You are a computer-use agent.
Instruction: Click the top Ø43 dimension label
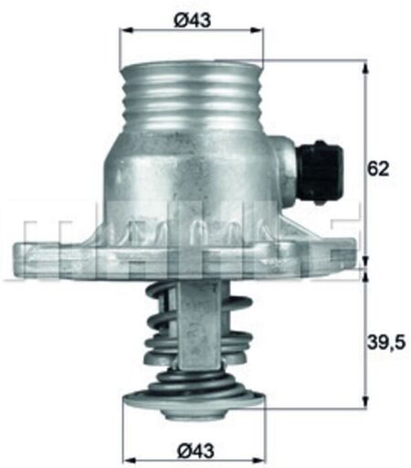(x=192, y=20)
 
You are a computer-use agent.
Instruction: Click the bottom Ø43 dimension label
(x=195, y=451)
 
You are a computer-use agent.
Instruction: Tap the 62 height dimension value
(x=378, y=168)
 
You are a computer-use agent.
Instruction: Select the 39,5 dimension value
(x=386, y=343)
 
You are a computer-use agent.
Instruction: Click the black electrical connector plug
(x=320, y=173)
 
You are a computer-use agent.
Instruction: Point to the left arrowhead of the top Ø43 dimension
(x=126, y=30)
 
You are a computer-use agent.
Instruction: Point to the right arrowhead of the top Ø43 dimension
(x=256, y=30)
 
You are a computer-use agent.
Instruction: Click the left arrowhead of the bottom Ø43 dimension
(x=131, y=460)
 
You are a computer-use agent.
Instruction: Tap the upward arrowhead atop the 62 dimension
(x=365, y=67)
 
